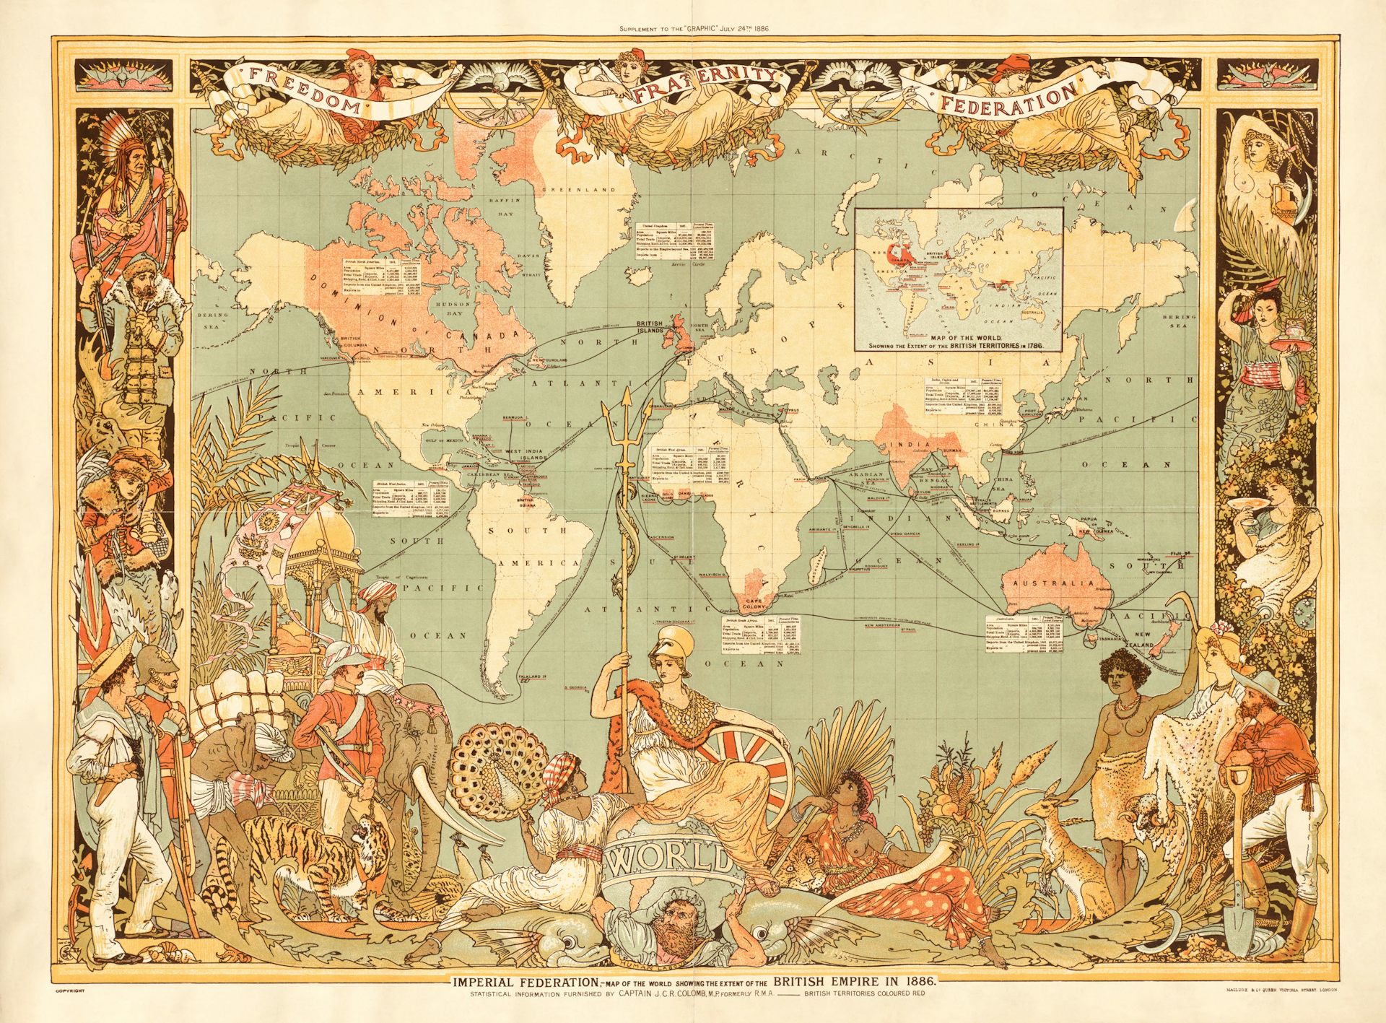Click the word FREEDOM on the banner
click(x=304, y=91)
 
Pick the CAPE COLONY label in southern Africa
click(x=754, y=604)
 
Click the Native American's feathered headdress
click(x=115, y=137)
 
